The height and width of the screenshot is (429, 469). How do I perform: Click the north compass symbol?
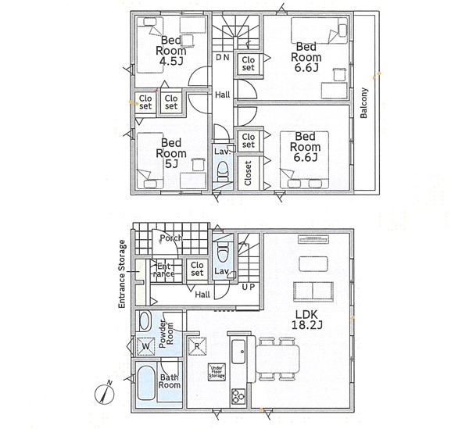pyautogui.click(x=105, y=394)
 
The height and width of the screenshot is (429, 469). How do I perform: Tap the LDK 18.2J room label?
pyautogui.click(x=306, y=320)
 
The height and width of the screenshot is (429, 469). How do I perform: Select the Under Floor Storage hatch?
pyautogui.click(x=217, y=372)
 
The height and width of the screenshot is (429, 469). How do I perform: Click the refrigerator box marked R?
pyautogui.click(x=197, y=346)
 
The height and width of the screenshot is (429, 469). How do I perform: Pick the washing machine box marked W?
pyautogui.click(x=145, y=346)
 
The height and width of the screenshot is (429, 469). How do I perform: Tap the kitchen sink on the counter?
pyautogui.click(x=238, y=352)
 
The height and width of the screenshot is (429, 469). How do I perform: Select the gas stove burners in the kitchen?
pyautogui.click(x=238, y=396)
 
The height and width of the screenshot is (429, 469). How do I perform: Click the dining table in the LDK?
pyautogui.click(x=277, y=359)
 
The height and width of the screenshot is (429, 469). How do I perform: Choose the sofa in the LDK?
pyautogui.click(x=313, y=291)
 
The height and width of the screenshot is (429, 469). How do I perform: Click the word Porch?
pyautogui.click(x=171, y=238)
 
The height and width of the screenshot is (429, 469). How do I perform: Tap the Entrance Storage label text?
pyautogui.click(x=122, y=273)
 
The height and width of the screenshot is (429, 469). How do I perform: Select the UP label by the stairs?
pyautogui.click(x=248, y=287)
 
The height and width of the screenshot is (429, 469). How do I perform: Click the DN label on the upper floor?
pyautogui.click(x=223, y=57)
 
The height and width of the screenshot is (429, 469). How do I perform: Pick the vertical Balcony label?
pyautogui.click(x=363, y=103)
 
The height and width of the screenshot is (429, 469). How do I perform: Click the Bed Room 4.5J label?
pyautogui.click(x=171, y=50)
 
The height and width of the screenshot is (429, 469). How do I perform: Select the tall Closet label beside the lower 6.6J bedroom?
pyautogui.click(x=248, y=173)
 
